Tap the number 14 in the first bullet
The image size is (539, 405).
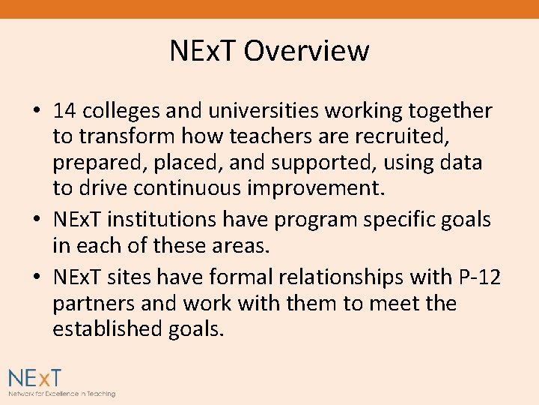coord(65,111)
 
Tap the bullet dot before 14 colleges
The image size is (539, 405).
coord(37,112)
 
